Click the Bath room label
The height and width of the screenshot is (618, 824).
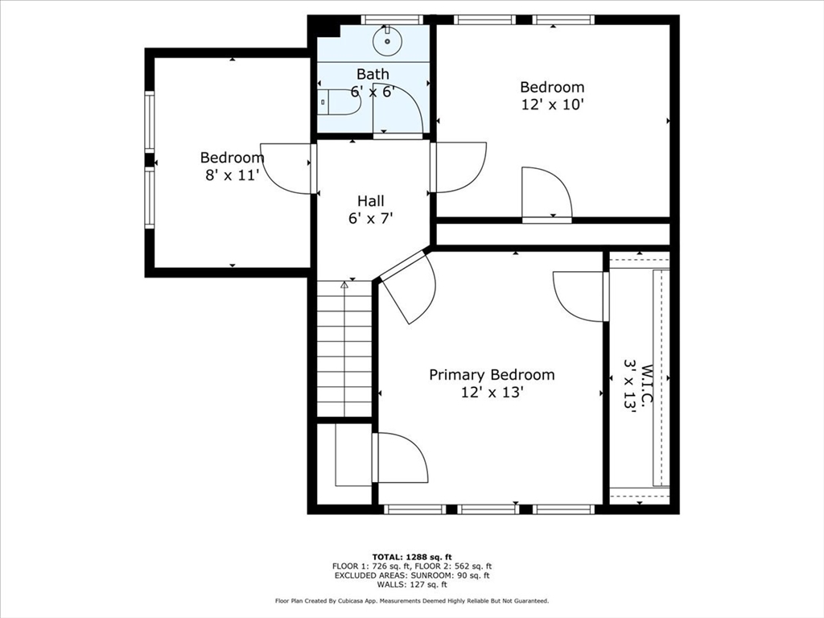pyautogui.click(x=373, y=74)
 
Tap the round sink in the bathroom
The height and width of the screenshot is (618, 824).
pyautogui.click(x=387, y=40)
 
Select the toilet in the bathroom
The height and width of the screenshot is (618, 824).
pyautogui.click(x=339, y=101)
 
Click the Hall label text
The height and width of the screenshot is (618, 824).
pyautogui.click(x=370, y=200)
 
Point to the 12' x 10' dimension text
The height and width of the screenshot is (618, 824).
pyautogui.click(x=552, y=105)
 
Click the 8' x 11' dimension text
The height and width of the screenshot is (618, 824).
pyautogui.click(x=233, y=175)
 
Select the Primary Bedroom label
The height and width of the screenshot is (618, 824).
pyautogui.click(x=492, y=375)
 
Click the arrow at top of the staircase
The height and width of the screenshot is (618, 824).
pyautogui.click(x=344, y=285)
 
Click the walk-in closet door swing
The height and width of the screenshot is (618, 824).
pyautogui.click(x=578, y=297)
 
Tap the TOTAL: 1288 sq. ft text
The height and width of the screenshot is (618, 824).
pyautogui.click(x=412, y=557)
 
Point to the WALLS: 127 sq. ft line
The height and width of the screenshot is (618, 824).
pyautogui.click(x=412, y=584)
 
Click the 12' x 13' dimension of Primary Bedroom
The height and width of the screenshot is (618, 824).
pyautogui.click(x=492, y=393)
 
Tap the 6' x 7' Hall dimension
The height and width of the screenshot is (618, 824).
pyautogui.click(x=370, y=218)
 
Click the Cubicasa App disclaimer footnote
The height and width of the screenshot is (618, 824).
pyautogui.click(x=412, y=600)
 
